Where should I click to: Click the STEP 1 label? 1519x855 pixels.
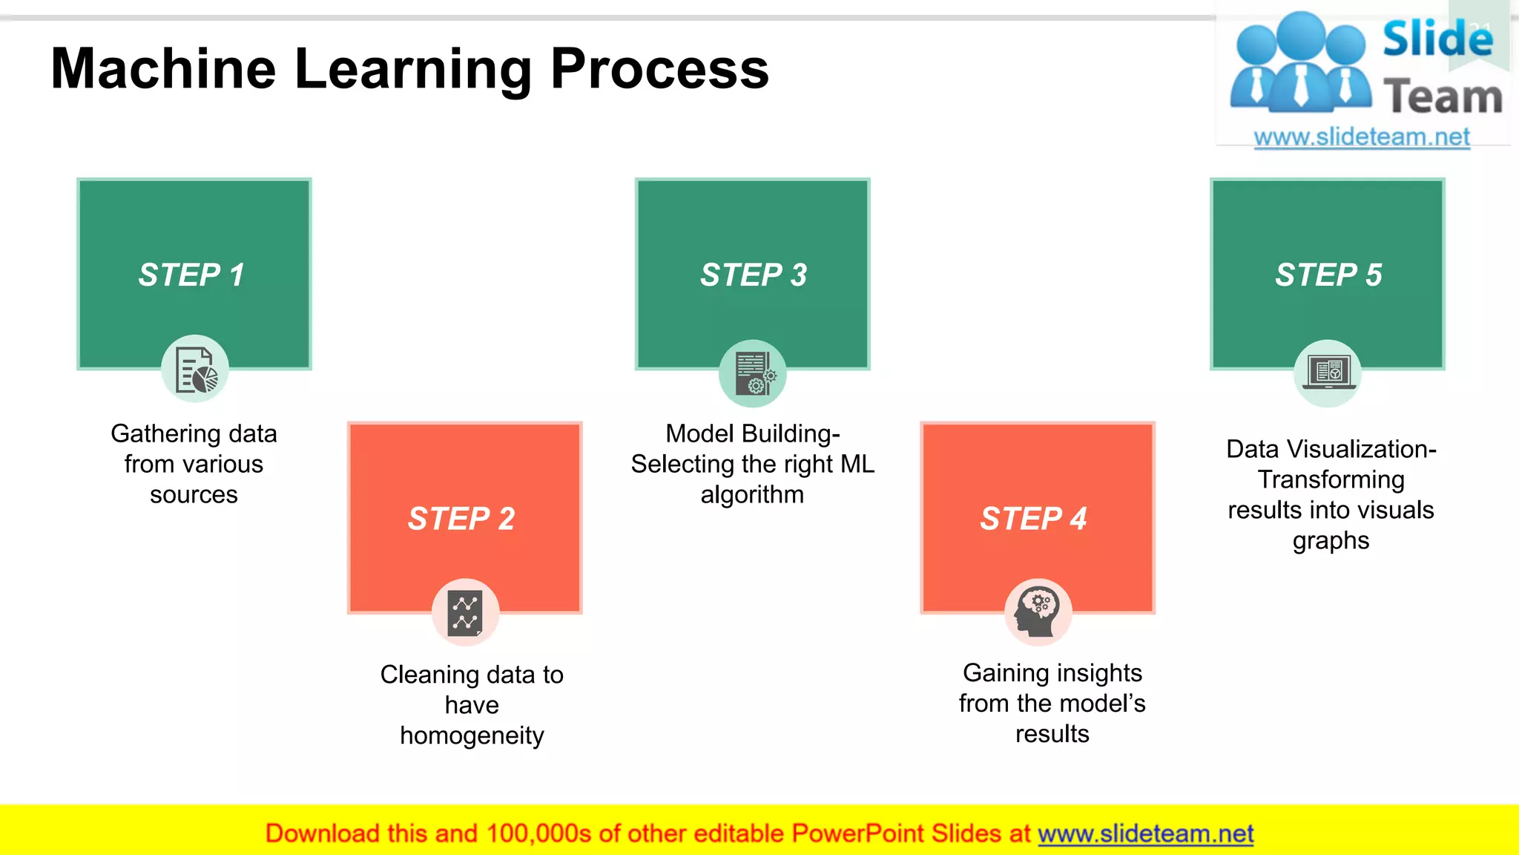tap(191, 275)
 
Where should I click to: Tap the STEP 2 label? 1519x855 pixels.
tap(461, 518)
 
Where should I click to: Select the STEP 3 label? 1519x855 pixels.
tap(754, 275)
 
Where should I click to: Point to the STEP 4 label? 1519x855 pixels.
tap(1034, 518)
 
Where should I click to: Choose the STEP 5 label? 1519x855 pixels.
tap(1328, 275)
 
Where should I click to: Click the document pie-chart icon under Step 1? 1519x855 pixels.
tap(195, 370)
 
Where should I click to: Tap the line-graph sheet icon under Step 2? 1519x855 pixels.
tap(465, 613)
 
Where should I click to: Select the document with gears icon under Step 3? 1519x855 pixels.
tap(753, 373)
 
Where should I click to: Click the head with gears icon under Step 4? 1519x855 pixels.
tap(1038, 612)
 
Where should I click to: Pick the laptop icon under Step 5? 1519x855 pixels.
tap(1328, 373)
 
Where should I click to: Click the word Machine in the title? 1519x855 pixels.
tap(164, 69)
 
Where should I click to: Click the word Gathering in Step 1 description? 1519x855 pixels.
tap(156, 434)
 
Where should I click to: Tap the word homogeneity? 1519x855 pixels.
tap(472, 736)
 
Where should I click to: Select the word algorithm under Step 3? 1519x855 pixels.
tap(752, 494)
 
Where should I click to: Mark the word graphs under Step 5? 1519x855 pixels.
tap(1331, 541)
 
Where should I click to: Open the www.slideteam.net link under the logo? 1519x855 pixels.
tap(1361, 137)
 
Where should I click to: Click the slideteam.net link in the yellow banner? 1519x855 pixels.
tap(1145, 833)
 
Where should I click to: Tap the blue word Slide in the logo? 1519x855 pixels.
tap(1437, 39)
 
